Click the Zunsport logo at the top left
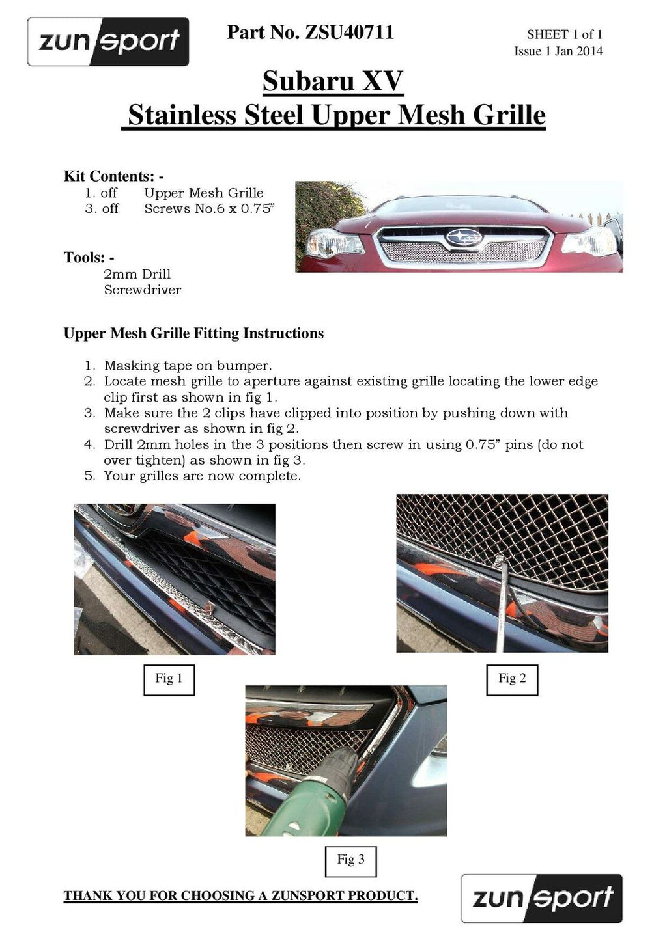tap(108, 42)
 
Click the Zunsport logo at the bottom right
tap(541, 898)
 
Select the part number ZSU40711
tap(349, 33)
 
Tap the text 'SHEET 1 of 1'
tap(564, 34)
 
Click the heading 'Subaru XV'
tap(333, 81)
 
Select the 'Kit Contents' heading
tap(113, 176)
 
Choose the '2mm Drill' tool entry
tap(137, 274)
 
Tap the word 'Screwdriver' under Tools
tap(142, 290)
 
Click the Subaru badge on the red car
tap(464, 238)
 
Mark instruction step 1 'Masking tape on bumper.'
tap(188, 366)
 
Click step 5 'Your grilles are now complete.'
tap(202, 476)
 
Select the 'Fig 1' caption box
tap(169, 679)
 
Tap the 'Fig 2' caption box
tap(512, 679)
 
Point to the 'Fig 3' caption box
tap(350, 860)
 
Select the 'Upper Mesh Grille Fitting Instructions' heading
tap(193, 334)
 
